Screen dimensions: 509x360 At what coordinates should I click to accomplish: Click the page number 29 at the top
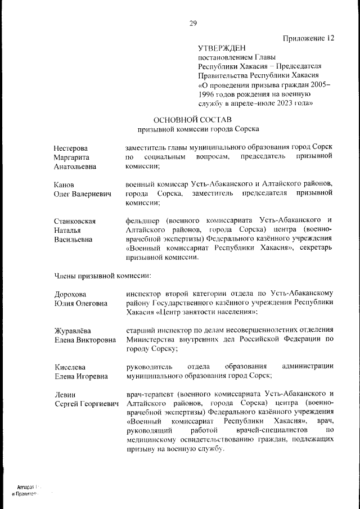point(193,23)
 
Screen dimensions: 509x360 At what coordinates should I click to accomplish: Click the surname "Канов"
point(64,184)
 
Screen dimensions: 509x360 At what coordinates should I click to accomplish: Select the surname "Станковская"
point(75,221)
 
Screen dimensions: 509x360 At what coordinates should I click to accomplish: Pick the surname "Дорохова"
point(70,294)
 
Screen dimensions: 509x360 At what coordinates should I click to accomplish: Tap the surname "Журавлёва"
point(73,331)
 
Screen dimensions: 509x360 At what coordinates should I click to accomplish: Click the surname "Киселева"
point(70,367)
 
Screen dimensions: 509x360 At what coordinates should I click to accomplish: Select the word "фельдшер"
point(143,220)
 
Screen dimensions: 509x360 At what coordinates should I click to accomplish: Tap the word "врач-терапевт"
point(150,394)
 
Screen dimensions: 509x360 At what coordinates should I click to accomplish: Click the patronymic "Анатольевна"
point(75,166)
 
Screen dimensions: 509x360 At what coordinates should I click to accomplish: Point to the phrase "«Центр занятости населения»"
point(205,312)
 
